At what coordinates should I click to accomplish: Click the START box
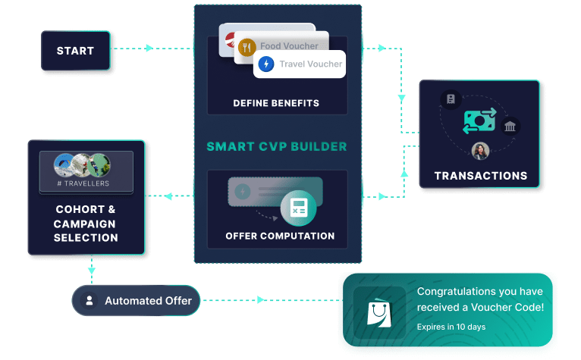75,51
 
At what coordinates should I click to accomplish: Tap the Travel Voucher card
300,64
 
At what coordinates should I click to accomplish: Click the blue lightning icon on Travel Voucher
266,64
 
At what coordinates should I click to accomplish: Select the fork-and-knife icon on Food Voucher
246,47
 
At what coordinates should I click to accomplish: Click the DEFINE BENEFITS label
276,103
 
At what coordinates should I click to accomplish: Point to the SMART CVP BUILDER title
277,146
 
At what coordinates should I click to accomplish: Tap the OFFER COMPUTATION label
280,236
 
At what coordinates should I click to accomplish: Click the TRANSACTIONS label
480,176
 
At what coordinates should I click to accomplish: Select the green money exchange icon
479,120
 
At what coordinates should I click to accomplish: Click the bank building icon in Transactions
510,126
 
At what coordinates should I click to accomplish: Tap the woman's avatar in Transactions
479,152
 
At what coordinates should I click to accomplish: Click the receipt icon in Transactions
451,99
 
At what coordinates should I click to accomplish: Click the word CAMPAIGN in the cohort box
86,224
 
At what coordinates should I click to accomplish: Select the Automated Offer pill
137,301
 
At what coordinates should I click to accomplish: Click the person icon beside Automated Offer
90,301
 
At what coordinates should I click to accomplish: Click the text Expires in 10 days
451,327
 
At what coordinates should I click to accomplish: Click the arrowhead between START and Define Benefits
149,48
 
